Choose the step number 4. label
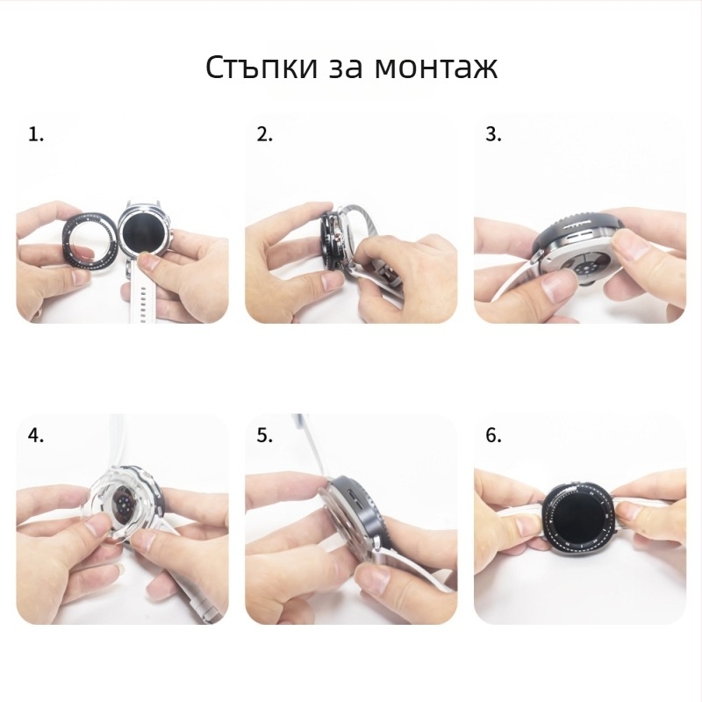tap(36, 435)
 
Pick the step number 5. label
tap(265, 435)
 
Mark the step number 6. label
tap(494, 435)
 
